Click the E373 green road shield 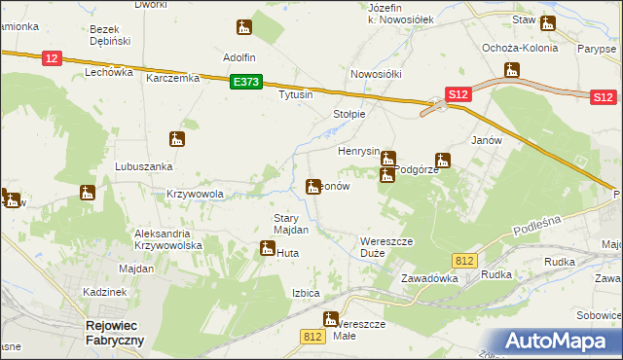point(245,84)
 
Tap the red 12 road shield point(53,59)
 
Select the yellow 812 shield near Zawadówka point(464,260)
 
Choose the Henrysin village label point(358,152)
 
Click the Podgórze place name point(416,169)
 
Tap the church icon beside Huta point(267,250)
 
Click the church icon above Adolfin point(244,27)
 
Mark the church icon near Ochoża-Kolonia point(512,70)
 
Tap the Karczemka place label point(172,79)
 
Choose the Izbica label point(306,293)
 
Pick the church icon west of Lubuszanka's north point(176,139)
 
